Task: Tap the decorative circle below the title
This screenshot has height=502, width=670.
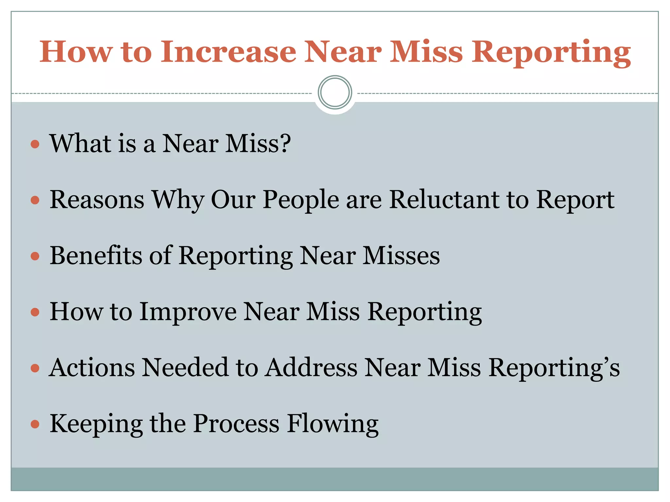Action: click(335, 92)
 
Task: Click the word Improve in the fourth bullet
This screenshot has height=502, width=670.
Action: click(188, 311)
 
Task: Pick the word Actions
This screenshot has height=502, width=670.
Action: click(92, 367)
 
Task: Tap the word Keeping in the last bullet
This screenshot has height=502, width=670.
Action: click(96, 424)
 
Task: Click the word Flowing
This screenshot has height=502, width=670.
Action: click(333, 424)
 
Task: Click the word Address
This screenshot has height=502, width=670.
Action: click(311, 367)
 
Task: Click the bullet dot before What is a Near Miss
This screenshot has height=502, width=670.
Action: click(35, 144)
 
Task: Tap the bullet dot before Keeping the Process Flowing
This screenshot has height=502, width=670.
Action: click(35, 424)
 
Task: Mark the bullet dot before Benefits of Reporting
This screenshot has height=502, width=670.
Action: click(35, 256)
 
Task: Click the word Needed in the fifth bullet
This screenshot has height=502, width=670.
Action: click(185, 367)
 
